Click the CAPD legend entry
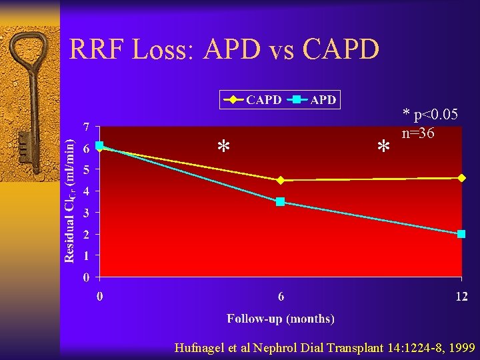click(253, 100)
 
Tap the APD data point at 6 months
click(281, 201)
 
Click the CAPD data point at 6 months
click(281, 180)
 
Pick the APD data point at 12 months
click(461, 234)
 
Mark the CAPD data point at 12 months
click(461, 177)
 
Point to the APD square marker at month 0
click(99, 145)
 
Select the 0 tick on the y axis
click(87, 277)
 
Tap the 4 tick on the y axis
click(87, 191)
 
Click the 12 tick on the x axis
click(461, 296)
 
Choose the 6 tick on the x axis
click(281, 296)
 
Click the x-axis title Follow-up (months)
click(281, 319)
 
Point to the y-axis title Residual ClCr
click(69, 200)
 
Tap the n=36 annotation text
click(418, 133)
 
